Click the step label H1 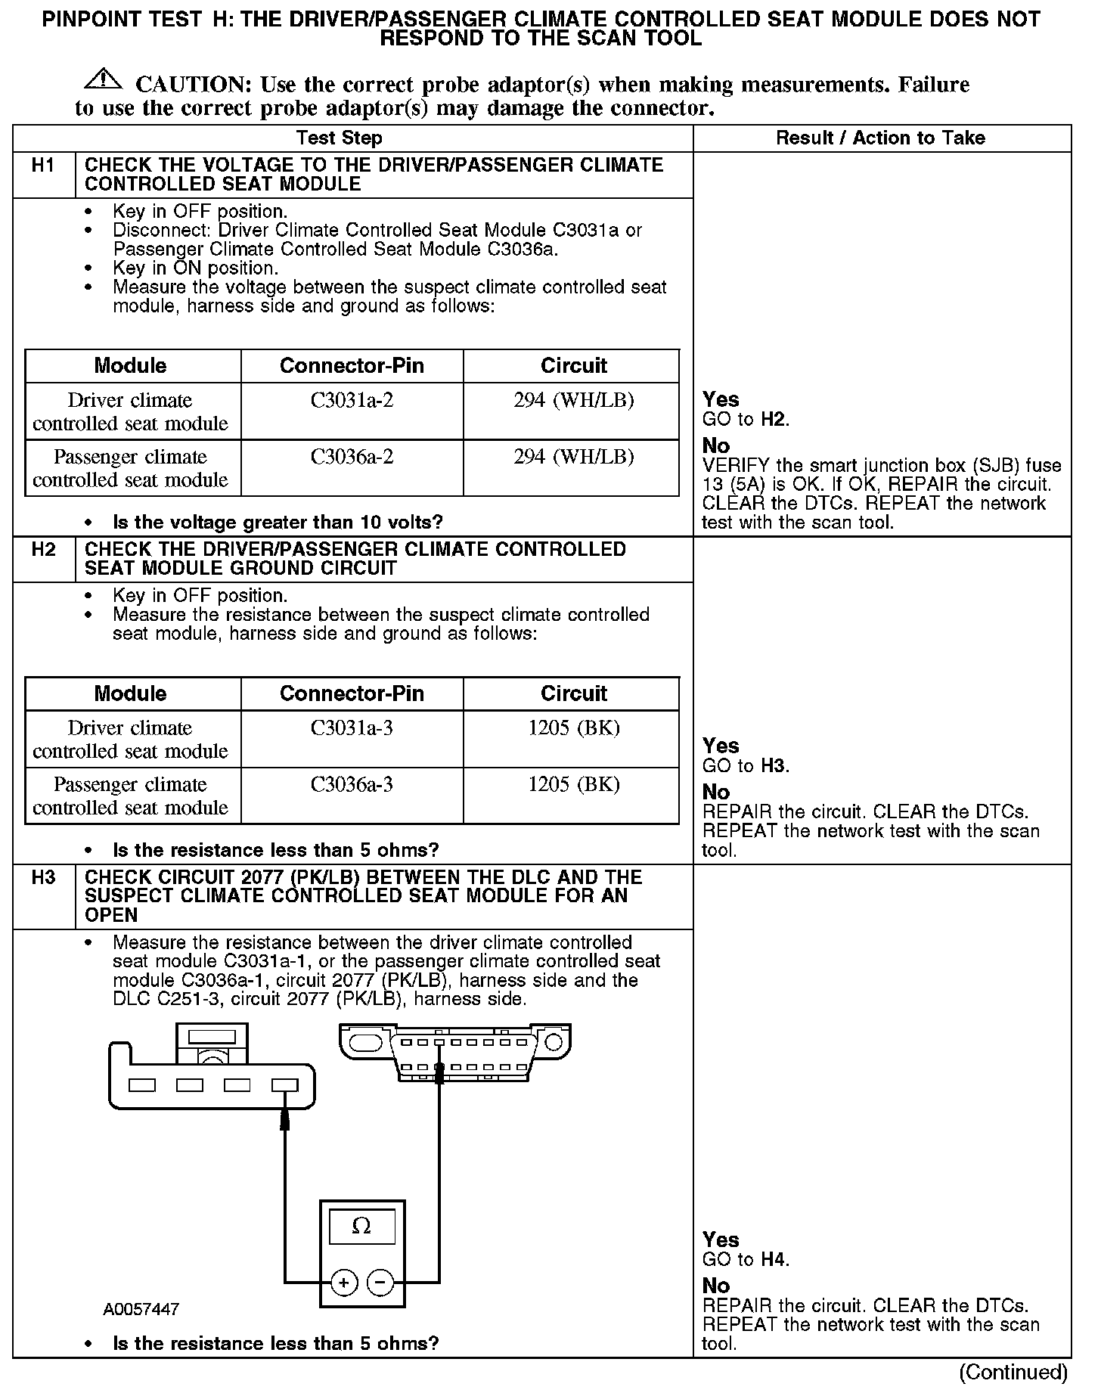44,166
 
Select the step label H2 44,550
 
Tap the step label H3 44,878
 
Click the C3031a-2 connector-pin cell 352,401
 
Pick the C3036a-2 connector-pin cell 352,458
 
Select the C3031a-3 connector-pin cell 352,728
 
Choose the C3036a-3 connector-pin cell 352,785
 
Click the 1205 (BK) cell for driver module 573,728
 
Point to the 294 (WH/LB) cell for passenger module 573,458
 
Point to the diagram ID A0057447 141,1309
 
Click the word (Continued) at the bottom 1013,1372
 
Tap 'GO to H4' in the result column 746,1260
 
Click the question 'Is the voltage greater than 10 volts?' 278,523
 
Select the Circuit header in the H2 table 573,693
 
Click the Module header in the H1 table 130,366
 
